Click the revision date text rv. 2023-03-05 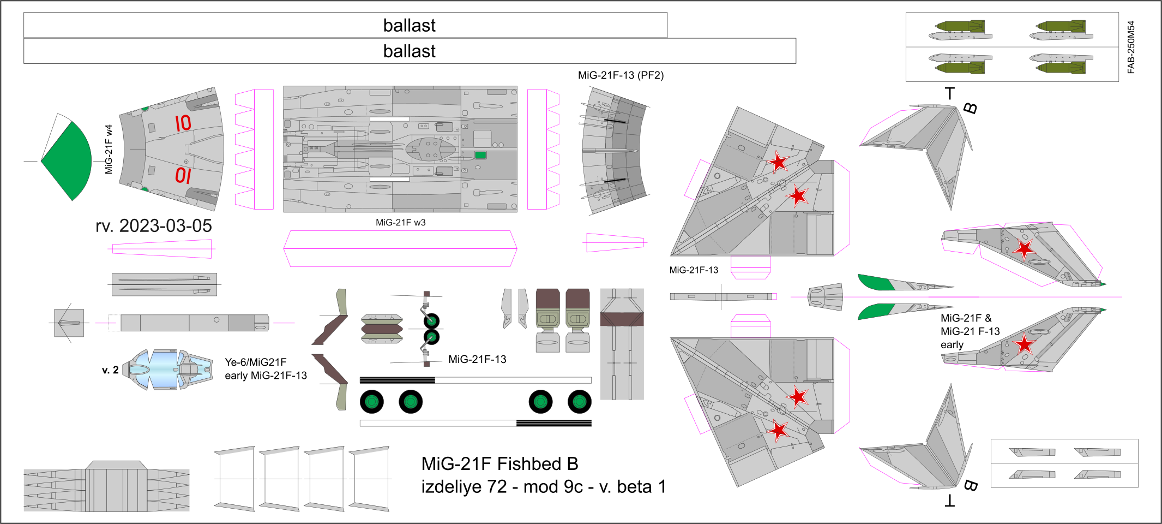[x=153, y=226]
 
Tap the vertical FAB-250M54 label [x=1131, y=47]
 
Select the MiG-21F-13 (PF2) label [x=621, y=75]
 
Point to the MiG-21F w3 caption [x=400, y=223]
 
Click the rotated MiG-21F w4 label [x=109, y=149]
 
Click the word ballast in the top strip [x=409, y=26]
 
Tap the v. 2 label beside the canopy [x=110, y=370]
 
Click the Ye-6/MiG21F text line [x=255, y=362]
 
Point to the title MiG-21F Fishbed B [x=499, y=464]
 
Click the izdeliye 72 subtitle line [x=543, y=487]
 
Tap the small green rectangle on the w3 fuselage [x=480, y=156]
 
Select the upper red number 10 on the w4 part [x=183, y=123]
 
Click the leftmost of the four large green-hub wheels [x=371, y=402]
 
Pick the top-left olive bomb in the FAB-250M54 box [x=960, y=26]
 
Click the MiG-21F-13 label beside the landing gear [x=477, y=360]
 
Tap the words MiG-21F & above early [x=966, y=318]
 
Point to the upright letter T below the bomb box [x=950, y=94]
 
